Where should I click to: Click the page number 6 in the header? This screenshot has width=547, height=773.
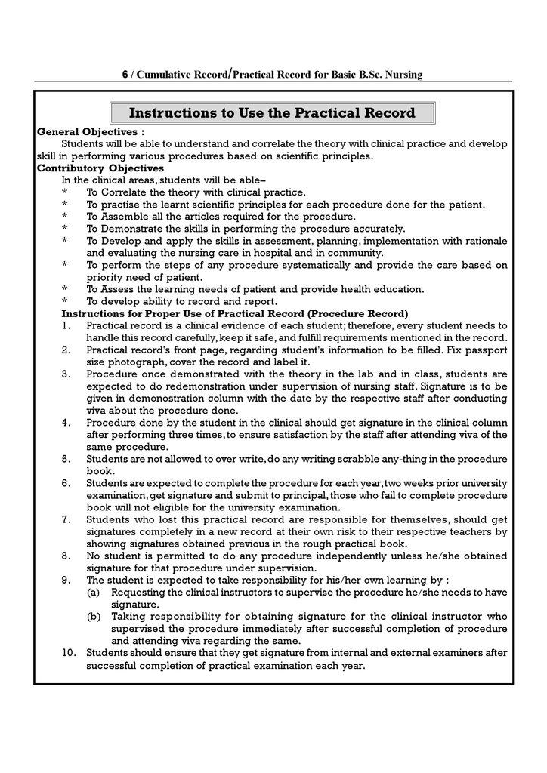click(x=125, y=75)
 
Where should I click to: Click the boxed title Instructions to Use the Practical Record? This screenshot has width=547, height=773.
click(x=272, y=113)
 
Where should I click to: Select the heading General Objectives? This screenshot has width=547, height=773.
click(x=91, y=131)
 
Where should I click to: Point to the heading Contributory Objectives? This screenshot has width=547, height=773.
click(x=100, y=168)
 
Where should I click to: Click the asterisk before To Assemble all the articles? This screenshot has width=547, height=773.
click(x=65, y=217)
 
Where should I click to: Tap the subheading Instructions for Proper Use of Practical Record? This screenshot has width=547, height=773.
click(x=234, y=313)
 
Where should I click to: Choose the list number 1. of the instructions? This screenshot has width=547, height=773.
click(x=66, y=325)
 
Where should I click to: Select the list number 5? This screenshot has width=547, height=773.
click(x=66, y=459)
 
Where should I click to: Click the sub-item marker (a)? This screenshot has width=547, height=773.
click(x=93, y=593)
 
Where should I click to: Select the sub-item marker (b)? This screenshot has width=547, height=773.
click(x=94, y=617)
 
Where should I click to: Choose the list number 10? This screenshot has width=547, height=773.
click(x=69, y=653)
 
